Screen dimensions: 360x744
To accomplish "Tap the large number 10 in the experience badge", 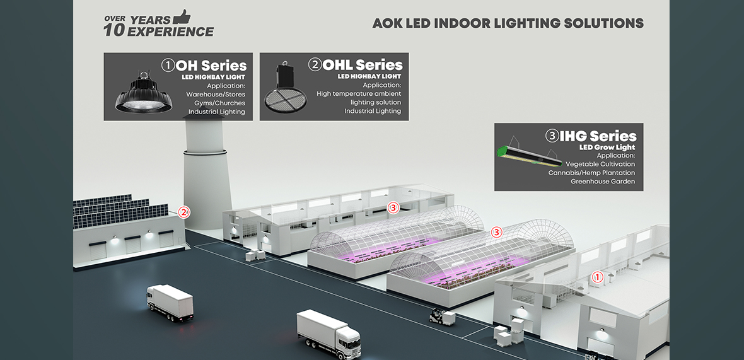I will coord(114,30).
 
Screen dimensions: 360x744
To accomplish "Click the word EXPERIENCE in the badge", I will coord(170,32).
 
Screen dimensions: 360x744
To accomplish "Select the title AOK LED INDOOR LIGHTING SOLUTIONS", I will coord(508,24).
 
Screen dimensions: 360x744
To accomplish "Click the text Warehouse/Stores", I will coord(216,94).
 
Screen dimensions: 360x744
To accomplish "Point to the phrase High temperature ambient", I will coord(358,94).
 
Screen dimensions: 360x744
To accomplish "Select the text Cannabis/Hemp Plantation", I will coord(591,173).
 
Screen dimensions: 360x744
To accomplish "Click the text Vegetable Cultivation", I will coord(600,164).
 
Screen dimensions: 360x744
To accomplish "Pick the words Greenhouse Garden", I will coord(603,182).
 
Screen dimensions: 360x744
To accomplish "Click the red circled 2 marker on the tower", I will coord(184,212).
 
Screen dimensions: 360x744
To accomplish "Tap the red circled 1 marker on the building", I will coord(598,276).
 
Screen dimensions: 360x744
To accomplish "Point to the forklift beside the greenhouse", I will coord(439,315).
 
